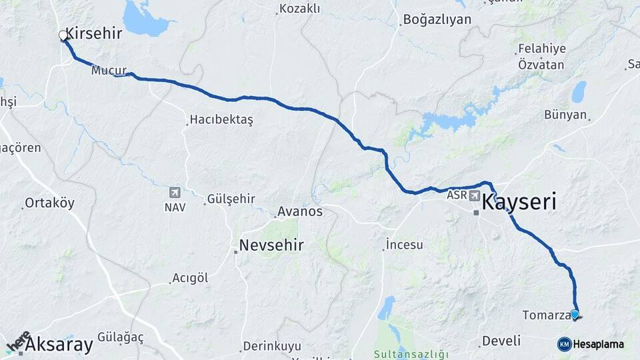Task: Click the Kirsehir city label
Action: tap(93, 33)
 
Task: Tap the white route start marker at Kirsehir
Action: tap(63, 35)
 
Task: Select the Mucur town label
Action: tap(109, 70)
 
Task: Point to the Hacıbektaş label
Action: tap(221, 119)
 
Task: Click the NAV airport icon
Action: tap(175, 193)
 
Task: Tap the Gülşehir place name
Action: tap(231, 199)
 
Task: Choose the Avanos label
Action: tap(300, 211)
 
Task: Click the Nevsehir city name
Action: tap(271, 245)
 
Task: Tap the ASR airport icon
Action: tap(474, 195)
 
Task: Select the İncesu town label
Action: tap(405, 245)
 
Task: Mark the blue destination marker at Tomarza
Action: tap(574, 314)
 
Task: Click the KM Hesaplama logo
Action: tap(591, 344)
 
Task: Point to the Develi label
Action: tap(501, 341)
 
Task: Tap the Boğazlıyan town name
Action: tap(436, 20)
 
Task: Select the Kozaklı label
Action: tap(300, 9)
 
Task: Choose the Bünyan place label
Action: tap(565, 115)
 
